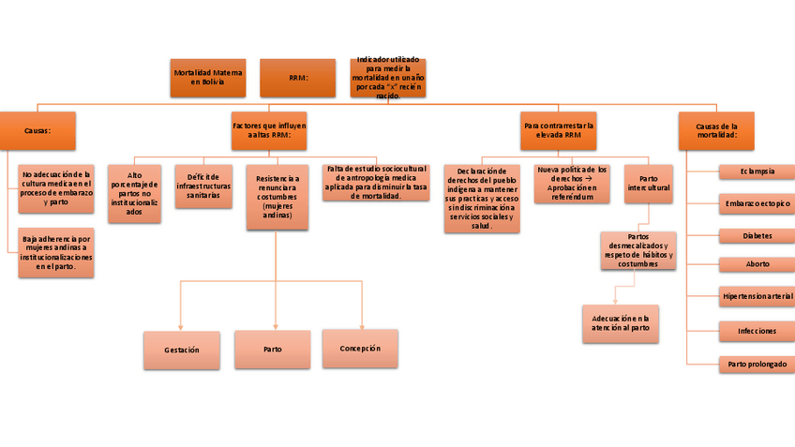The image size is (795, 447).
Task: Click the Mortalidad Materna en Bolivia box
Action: click(x=208, y=78)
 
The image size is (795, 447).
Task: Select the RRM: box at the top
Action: click(x=297, y=78)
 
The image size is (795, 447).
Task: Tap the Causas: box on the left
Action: click(x=37, y=130)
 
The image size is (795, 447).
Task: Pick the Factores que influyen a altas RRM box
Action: click(x=269, y=130)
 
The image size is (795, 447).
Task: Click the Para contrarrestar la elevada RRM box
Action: click(x=560, y=130)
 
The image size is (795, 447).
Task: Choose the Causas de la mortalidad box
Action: click(x=716, y=130)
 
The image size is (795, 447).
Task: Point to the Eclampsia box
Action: click(x=757, y=171)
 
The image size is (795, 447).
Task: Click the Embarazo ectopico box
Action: click(x=757, y=203)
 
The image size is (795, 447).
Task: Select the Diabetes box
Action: click(x=757, y=235)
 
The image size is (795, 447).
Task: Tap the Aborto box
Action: click(x=757, y=264)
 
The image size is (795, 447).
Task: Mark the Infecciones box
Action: click(x=757, y=331)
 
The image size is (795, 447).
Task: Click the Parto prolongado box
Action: click(x=757, y=363)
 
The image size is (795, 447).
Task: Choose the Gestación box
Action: click(x=181, y=350)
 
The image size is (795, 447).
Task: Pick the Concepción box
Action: click(x=359, y=348)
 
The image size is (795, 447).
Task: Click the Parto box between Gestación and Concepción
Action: click(x=272, y=350)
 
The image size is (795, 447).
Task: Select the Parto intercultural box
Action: click(x=648, y=184)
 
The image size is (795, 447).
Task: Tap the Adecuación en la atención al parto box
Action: click(x=620, y=323)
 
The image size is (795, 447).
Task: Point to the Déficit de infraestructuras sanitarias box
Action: click(x=203, y=186)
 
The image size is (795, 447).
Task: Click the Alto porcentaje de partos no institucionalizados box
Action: click(x=135, y=194)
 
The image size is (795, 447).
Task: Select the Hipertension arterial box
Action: click(x=757, y=297)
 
